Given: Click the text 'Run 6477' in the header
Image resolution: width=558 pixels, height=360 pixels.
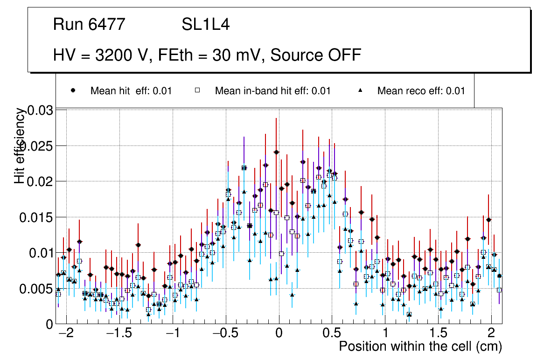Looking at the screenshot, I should click(x=89, y=25).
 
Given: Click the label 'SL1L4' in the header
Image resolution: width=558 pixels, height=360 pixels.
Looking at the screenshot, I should click(x=205, y=25).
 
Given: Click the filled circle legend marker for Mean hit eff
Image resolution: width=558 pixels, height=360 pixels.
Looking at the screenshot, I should click(x=73, y=90).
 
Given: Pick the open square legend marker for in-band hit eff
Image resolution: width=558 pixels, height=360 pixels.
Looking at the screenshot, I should click(x=197, y=90).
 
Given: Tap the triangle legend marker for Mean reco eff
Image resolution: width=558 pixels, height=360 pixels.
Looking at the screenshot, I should click(x=360, y=90).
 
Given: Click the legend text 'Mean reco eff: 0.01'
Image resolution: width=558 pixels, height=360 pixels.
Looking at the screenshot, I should click(x=421, y=91).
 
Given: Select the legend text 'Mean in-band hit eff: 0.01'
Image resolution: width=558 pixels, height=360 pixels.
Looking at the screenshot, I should click(x=272, y=91).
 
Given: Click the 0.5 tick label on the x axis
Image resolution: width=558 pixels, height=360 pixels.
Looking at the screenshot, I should click(x=332, y=334).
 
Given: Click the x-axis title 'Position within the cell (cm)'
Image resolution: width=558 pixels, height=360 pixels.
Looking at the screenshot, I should click(x=420, y=346).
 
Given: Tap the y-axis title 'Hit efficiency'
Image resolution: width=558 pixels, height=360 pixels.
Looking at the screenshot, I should click(x=20, y=145).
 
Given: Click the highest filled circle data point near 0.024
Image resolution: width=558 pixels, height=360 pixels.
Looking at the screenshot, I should click(x=276, y=152).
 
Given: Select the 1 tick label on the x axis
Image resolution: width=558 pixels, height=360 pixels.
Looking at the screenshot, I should click(x=385, y=334).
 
